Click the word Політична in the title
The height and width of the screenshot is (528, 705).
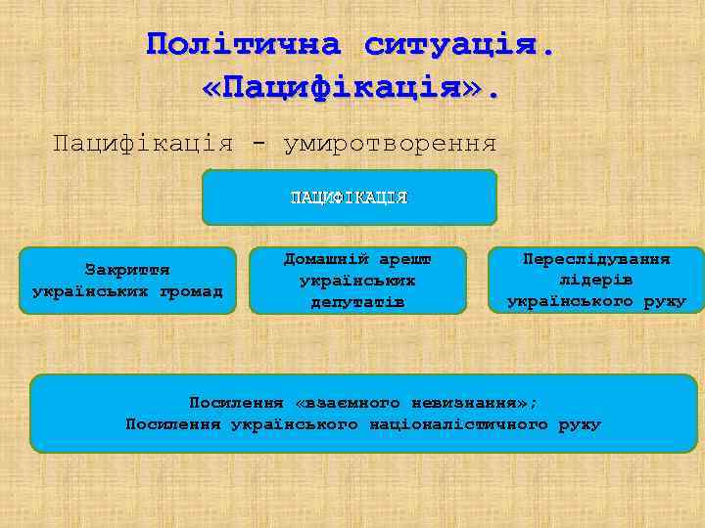coord(243,44)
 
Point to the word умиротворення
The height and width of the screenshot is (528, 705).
coord(390,144)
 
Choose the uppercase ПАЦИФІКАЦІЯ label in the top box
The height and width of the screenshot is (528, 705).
coord(349,198)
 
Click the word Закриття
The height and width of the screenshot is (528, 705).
coord(127,269)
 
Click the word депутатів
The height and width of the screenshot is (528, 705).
coord(357,301)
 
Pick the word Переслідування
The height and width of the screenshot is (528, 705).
coord(596,259)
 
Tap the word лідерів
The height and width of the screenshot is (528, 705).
coord(596,280)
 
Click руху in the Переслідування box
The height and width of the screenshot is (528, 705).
coord(665,301)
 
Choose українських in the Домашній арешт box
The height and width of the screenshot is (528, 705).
coord(357,280)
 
